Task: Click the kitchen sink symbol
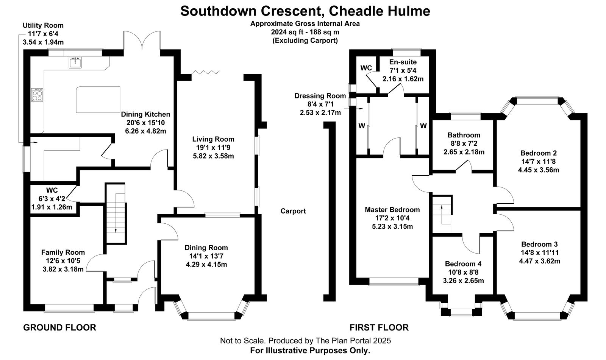[75, 62]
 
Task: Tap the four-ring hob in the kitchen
[37, 95]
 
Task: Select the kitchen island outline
[98, 98]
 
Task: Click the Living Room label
[213, 139]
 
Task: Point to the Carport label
[293, 211]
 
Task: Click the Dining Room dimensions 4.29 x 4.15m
[206, 265]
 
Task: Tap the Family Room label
[63, 252]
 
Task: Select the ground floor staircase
[115, 214]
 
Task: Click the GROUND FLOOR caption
[60, 327]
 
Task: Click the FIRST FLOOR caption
[379, 327]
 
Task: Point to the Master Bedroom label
[392, 210]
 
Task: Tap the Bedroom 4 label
[463, 264]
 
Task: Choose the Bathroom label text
[464, 135]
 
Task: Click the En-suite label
[403, 62]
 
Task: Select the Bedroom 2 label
[538, 153]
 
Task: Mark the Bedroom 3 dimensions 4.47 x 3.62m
[539, 261]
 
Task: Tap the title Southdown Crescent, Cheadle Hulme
[305, 11]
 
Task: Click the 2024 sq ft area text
[305, 32]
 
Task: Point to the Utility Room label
[43, 25]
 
